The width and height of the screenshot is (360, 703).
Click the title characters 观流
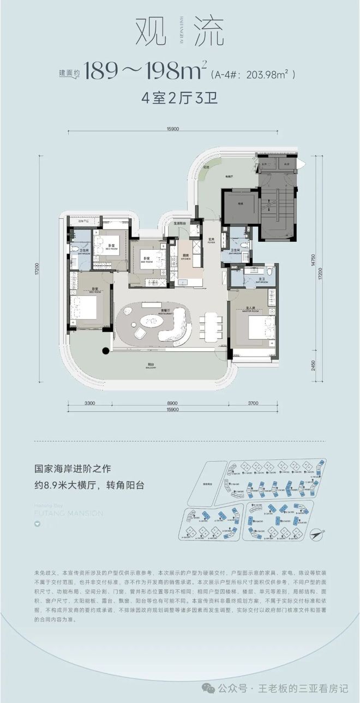[x=179, y=33]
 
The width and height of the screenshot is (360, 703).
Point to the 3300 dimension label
[x=91, y=403]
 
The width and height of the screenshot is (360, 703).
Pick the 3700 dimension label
[x=252, y=403]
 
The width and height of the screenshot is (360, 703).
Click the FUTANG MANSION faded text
[x=68, y=513]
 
